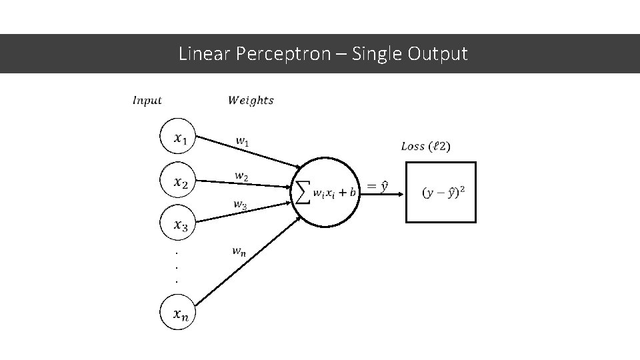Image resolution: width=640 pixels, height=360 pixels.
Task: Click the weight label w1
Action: click(x=243, y=141)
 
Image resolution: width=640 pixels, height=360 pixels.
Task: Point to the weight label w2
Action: click(x=242, y=176)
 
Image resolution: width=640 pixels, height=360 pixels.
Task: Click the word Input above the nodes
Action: click(x=147, y=101)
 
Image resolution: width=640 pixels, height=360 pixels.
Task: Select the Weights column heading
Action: click(x=251, y=101)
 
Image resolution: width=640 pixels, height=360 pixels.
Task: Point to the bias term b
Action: click(x=353, y=193)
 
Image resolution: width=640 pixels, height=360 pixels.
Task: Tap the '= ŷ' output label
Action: click(x=377, y=187)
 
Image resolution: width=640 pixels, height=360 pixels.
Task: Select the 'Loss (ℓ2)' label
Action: click(x=425, y=146)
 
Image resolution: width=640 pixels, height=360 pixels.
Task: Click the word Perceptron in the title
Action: click(x=283, y=53)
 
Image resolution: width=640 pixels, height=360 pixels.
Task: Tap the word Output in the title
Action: click(x=439, y=53)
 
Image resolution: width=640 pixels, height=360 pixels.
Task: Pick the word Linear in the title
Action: click(x=205, y=53)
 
